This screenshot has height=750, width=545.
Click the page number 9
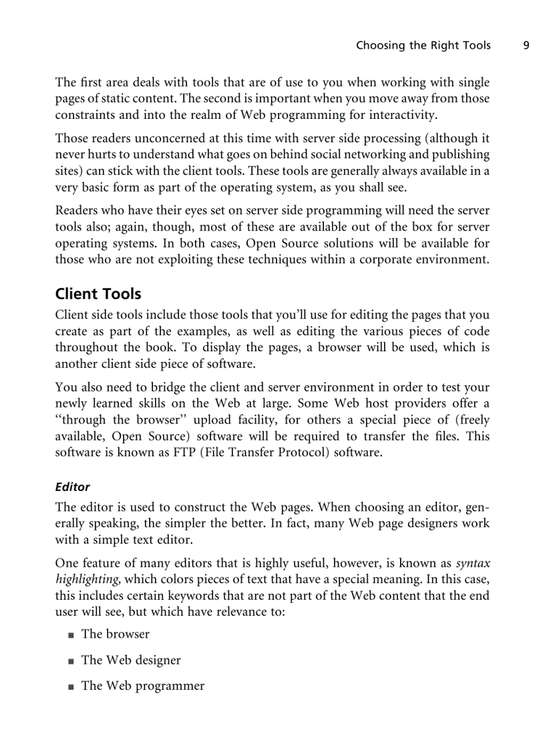point(526,45)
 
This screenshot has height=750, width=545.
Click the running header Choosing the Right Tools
point(423,45)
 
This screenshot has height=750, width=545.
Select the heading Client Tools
point(98,294)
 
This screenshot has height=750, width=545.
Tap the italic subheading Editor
point(72,487)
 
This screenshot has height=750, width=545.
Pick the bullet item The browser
point(115,634)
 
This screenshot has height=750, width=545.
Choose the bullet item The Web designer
point(131,660)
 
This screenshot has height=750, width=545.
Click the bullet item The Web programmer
point(143,686)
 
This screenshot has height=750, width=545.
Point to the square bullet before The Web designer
point(71,661)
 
